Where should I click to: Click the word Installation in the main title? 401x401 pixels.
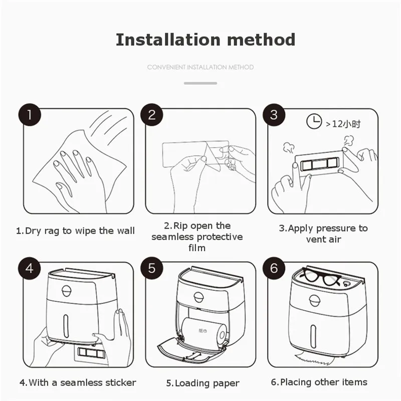pos(168,40)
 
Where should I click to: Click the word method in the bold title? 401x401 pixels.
pos(261,40)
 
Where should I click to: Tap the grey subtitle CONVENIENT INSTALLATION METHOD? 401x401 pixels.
pos(200,67)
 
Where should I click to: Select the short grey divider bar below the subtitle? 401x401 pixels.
pos(200,83)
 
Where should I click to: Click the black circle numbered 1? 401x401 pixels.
pos(30,115)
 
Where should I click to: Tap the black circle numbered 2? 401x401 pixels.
pos(152,115)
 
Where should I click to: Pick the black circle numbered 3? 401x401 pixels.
pos(274,115)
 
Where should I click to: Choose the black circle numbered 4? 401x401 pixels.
pos(30,268)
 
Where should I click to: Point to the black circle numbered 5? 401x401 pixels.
pos(152,268)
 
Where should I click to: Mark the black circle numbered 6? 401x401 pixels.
pos(274,268)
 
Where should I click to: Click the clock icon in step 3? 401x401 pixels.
pos(314,121)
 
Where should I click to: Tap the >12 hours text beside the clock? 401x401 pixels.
pos(343,124)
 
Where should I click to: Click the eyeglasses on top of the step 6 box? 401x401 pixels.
pos(320,276)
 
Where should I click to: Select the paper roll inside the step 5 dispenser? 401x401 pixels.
pos(204,333)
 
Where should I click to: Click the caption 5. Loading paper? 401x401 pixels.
pos(203,383)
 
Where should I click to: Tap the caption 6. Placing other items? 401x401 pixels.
pos(319,382)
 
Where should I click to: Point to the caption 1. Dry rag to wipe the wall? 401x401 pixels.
pos(75,231)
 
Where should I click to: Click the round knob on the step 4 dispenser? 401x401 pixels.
pos(67,291)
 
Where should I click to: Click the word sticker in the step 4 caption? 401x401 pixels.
pos(121,382)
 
